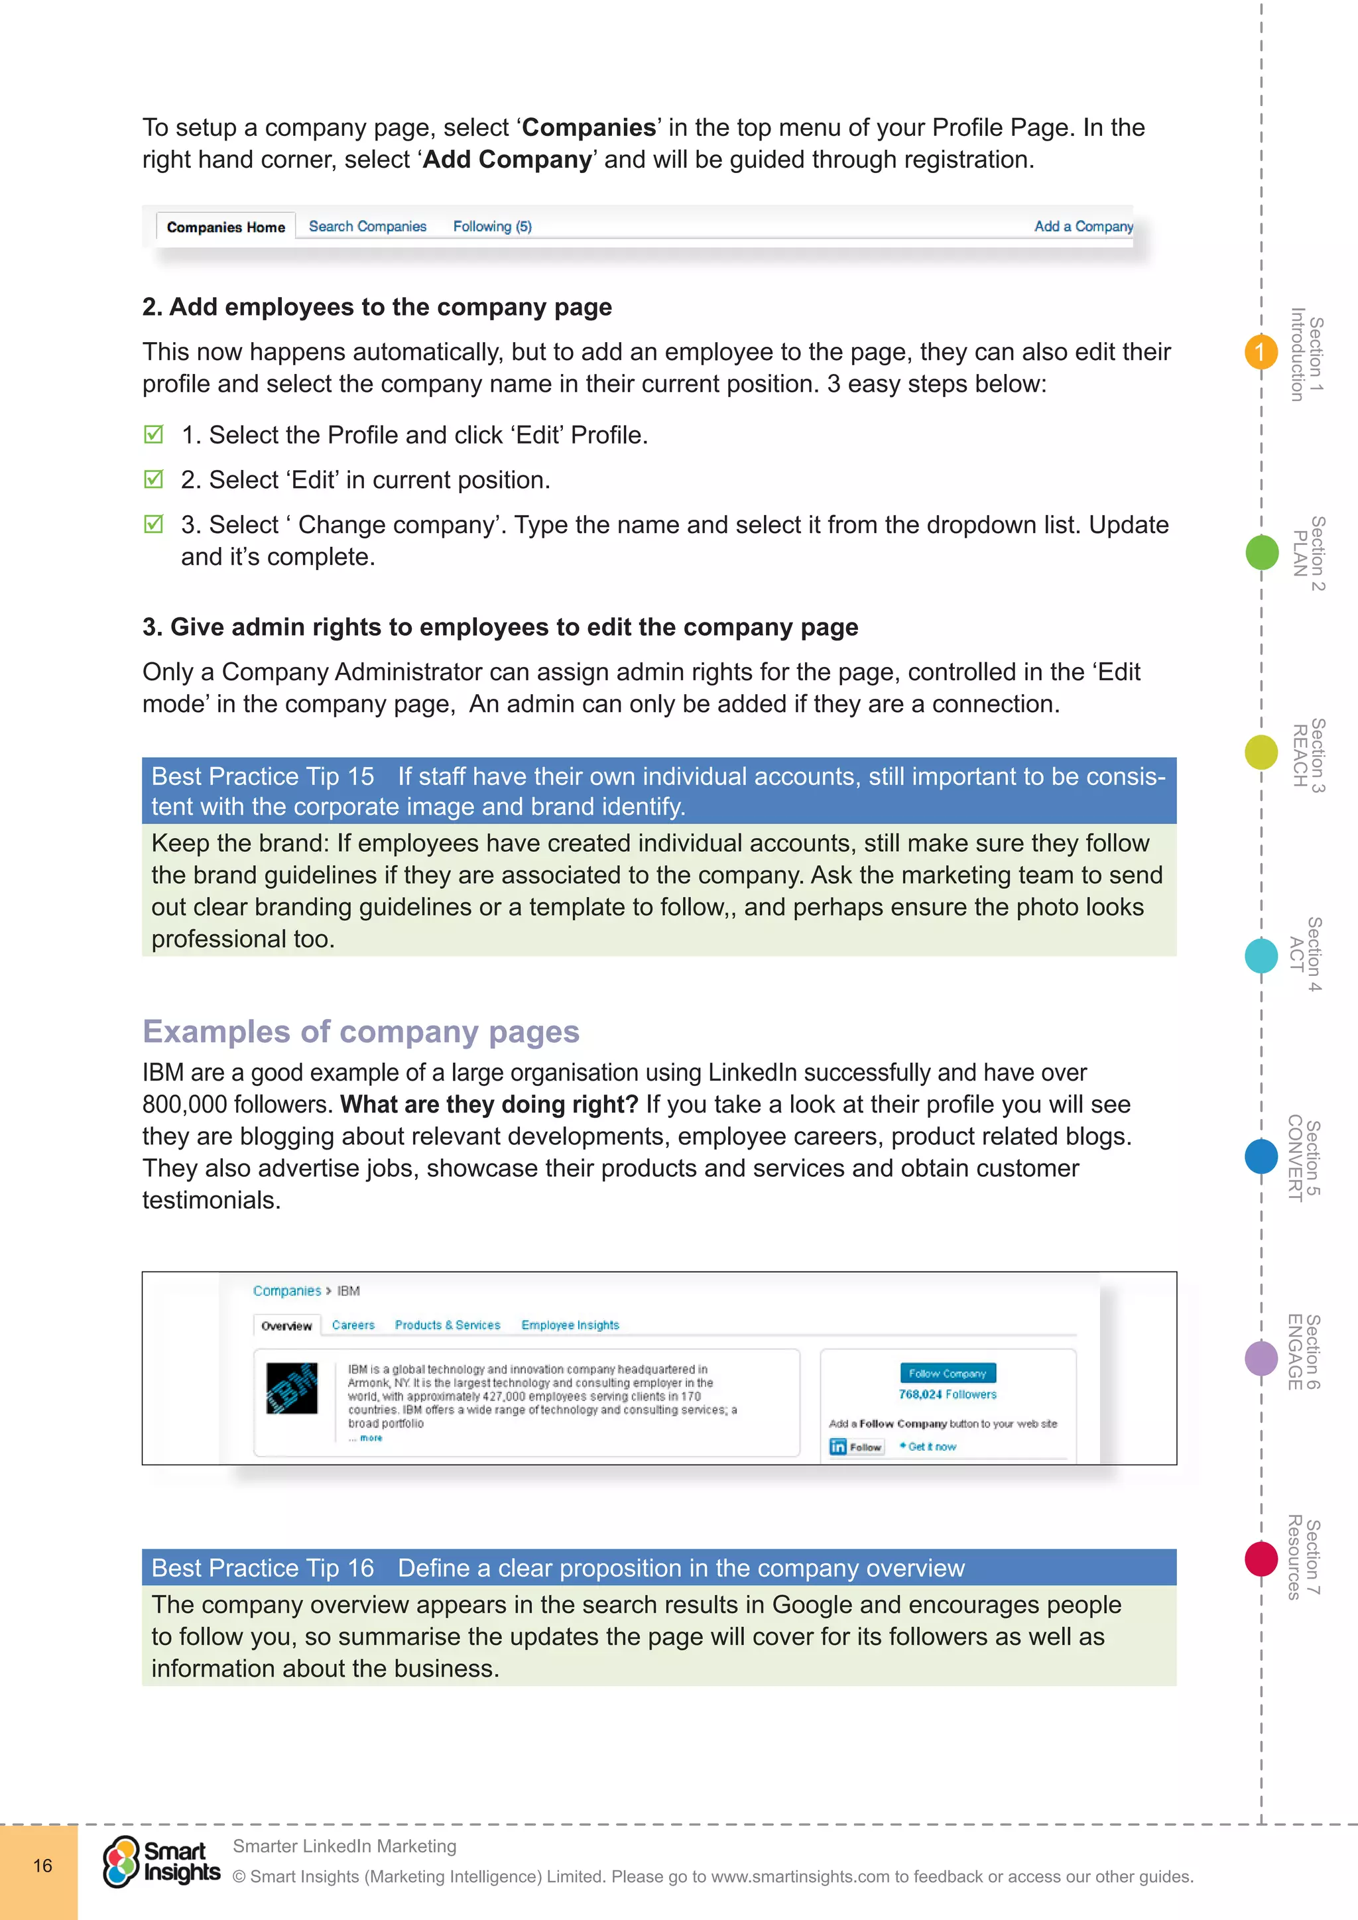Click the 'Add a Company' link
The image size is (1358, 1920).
(x=1083, y=227)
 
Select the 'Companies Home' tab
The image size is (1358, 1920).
(x=225, y=227)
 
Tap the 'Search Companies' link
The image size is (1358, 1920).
(x=367, y=227)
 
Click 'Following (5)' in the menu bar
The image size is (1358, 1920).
(x=492, y=227)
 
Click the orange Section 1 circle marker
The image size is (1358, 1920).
(x=1260, y=352)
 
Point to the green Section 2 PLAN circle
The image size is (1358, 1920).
(x=1261, y=553)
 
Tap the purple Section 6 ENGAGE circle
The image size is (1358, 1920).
(x=1261, y=1358)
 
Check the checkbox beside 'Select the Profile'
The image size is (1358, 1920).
(x=154, y=434)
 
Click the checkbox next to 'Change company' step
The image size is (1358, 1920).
(x=154, y=524)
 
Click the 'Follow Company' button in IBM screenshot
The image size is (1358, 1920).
(x=948, y=1373)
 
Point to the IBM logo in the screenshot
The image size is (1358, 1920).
(x=292, y=1388)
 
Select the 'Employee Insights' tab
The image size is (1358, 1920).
(x=570, y=1325)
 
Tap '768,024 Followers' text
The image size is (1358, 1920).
(x=948, y=1395)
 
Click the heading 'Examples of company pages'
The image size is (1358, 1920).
(x=361, y=1032)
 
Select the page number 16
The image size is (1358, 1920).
(x=42, y=1866)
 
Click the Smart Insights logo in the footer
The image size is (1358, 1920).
(x=161, y=1862)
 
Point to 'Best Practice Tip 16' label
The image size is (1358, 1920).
(x=263, y=1568)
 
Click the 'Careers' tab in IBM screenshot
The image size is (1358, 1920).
(x=353, y=1325)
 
